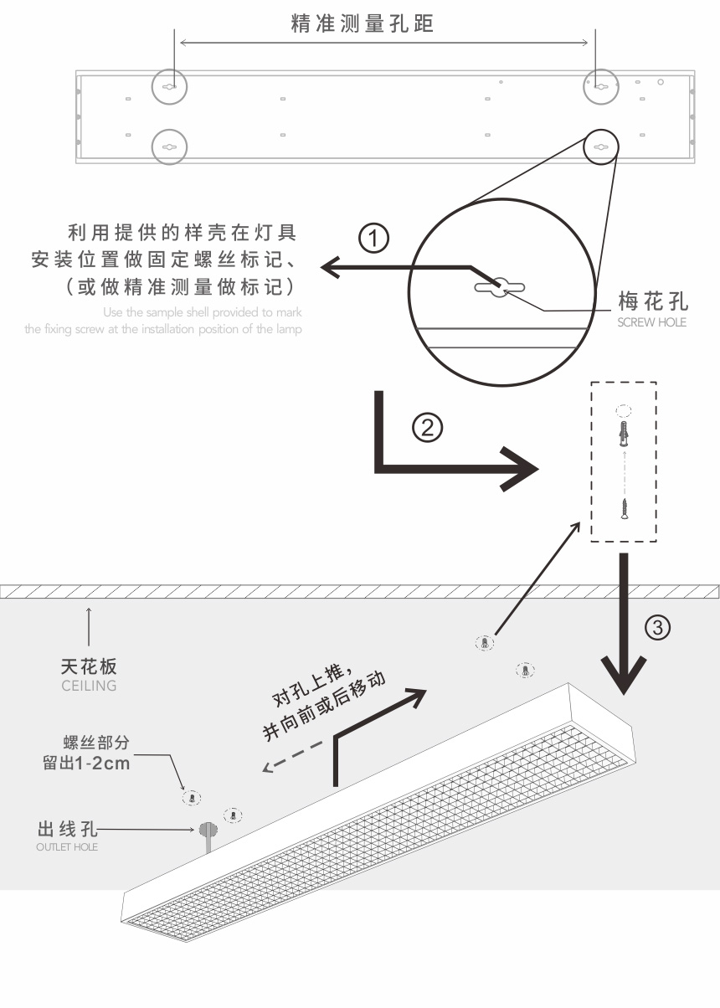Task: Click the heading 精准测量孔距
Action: (363, 23)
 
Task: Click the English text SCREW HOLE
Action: (651, 322)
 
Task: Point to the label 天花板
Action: (89, 667)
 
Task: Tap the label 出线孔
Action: (68, 830)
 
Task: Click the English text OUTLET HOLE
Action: (67, 847)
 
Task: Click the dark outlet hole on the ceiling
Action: (206, 830)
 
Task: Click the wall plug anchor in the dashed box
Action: (623, 434)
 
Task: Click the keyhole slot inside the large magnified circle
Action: (498, 287)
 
